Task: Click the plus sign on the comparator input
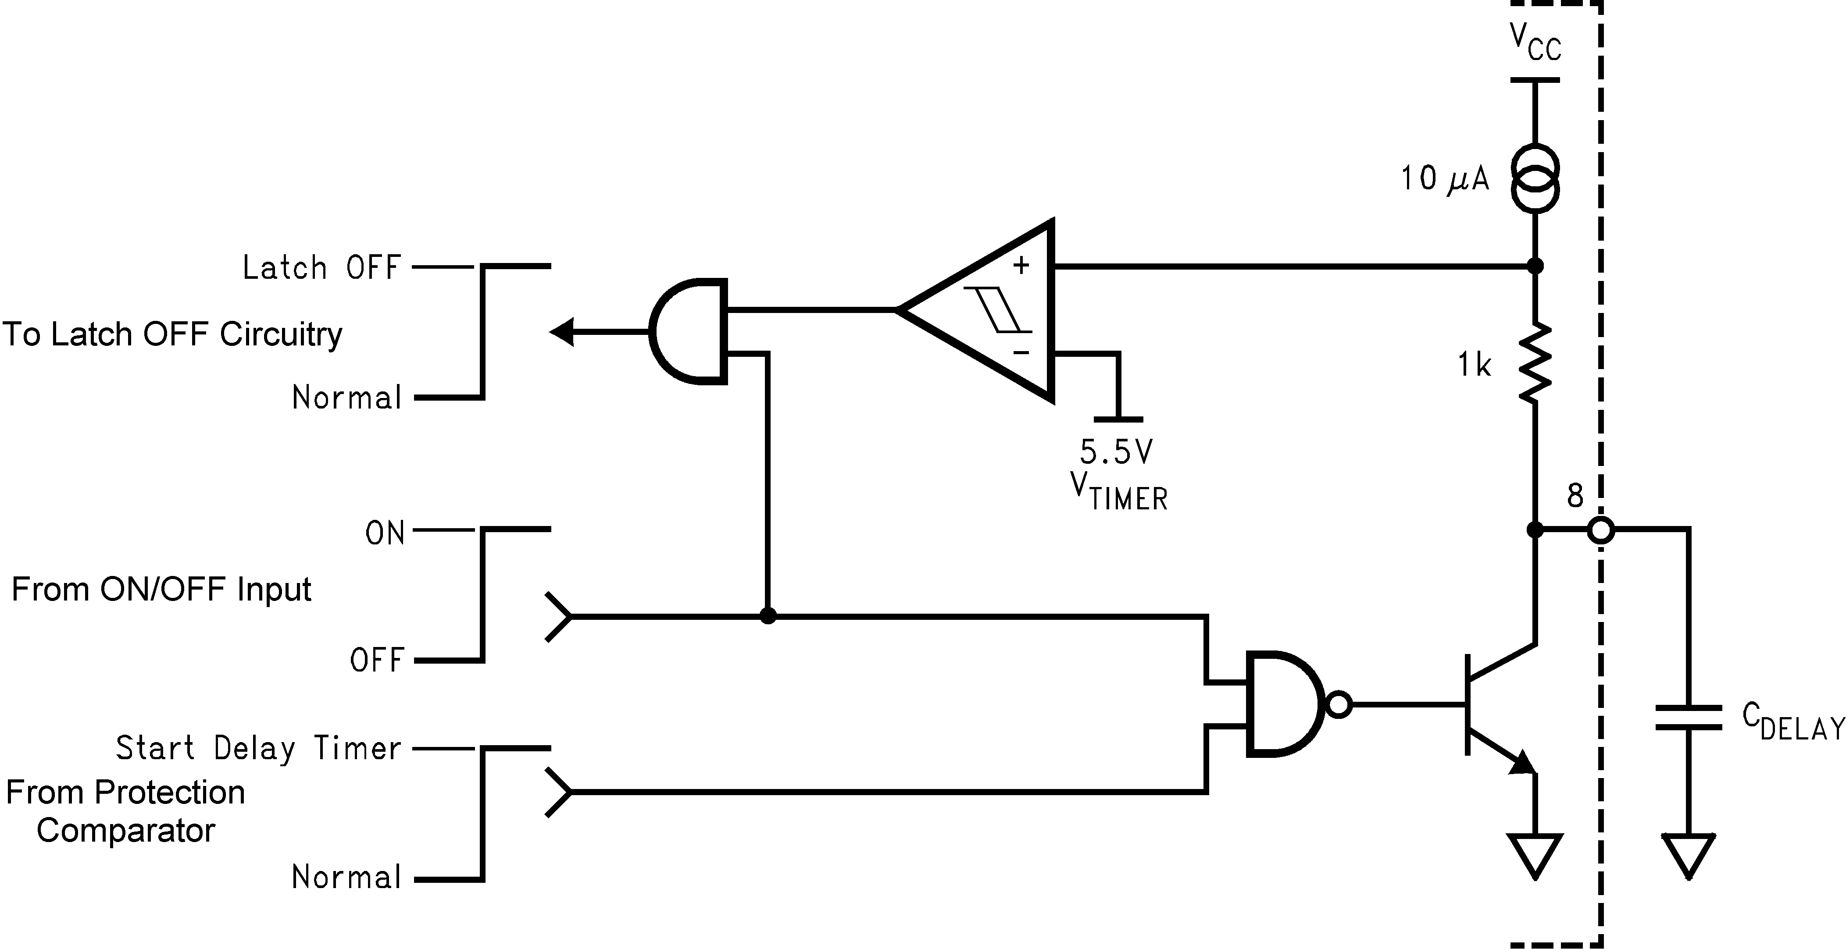click(x=1021, y=266)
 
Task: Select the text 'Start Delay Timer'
click(x=258, y=748)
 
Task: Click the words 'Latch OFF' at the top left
click(x=321, y=268)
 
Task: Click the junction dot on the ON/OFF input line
click(x=768, y=616)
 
